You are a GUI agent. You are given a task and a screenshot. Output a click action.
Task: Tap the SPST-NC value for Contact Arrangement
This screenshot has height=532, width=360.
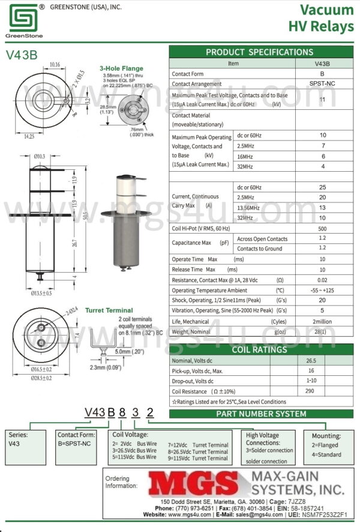322,84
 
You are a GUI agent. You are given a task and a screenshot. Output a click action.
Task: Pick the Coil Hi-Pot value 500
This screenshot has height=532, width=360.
322,228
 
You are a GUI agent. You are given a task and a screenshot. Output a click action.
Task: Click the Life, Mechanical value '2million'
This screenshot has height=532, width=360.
322,321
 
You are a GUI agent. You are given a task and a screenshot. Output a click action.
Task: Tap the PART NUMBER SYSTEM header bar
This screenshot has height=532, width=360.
261,414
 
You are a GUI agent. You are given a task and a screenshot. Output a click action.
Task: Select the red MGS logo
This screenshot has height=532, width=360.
193,484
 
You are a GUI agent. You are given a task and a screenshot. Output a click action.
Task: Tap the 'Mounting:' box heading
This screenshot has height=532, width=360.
326,436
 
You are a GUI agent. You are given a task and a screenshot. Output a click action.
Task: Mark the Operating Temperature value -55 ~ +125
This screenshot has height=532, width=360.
322,290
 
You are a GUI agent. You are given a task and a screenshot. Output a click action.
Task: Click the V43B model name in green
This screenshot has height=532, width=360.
22,54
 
